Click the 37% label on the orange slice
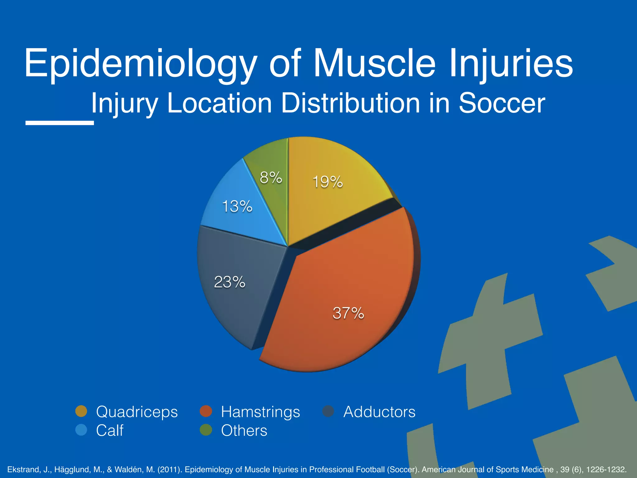click(x=348, y=313)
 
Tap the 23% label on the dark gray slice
click(x=230, y=282)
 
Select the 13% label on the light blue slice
click(x=237, y=206)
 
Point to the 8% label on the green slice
click(x=271, y=178)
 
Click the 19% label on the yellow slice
click(x=328, y=182)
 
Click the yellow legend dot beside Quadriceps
click(x=81, y=411)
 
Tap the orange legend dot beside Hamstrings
click(x=206, y=411)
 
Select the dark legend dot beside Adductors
click(x=328, y=411)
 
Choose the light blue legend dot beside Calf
click(x=81, y=430)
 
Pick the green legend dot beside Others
click(x=206, y=430)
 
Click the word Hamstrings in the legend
click(x=260, y=412)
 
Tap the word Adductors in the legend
click(x=379, y=412)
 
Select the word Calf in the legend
click(x=109, y=430)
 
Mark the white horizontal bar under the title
click(x=59, y=123)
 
